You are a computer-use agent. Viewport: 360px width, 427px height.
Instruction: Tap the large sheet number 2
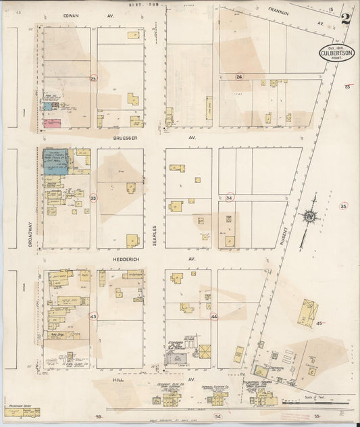pyautogui.click(x=346, y=18)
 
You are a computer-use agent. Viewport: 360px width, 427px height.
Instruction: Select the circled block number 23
pyautogui.click(x=94, y=79)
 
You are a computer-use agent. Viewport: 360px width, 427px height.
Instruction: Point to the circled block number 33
pyautogui.click(x=94, y=198)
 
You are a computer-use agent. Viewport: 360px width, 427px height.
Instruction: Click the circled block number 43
pyautogui.click(x=94, y=316)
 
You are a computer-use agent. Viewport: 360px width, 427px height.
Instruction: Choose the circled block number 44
pyautogui.click(x=214, y=316)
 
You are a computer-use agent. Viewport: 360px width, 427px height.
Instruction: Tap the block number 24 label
pyautogui.click(x=239, y=77)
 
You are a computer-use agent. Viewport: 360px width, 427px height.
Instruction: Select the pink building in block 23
pyautogui.click(x=52, y=123)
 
